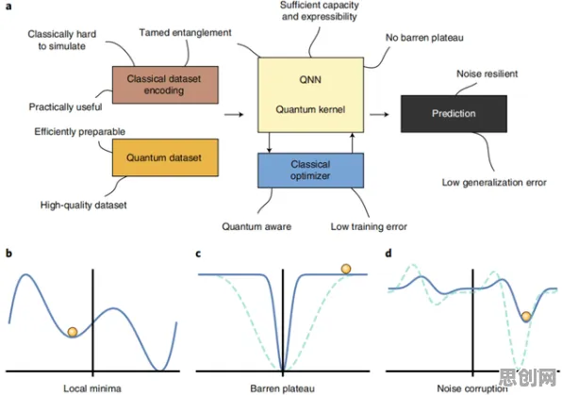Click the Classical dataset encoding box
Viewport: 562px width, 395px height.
[x=165, y=85]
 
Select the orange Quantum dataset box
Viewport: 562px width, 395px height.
[x=165, y=157]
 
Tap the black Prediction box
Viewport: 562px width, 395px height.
[x=454, y=114]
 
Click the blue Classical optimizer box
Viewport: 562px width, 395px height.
[x=310, y=171]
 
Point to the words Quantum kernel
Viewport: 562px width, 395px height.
[x=310, y=109]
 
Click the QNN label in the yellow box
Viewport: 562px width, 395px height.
[x=310, y=79]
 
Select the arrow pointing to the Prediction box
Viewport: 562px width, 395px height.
[x=380, y=114]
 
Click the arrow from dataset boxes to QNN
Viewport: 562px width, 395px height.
[x=234, y=114]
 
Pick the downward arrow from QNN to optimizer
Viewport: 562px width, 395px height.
[x=269, y=142]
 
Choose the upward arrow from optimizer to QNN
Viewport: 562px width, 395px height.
[x=353, y=142]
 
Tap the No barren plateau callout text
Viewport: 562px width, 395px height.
[x=424, y=38]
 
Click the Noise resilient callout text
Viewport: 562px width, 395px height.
[x=488, y=74]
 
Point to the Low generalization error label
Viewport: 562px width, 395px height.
[x=494, y=183]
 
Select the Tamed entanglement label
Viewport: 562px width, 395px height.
[x=186, y=33]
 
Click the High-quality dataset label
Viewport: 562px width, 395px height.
[x=84, y=205]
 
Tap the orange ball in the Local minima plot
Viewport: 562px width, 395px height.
[x=73, y=332]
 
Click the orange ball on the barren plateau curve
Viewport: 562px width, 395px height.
[x=346, y=269]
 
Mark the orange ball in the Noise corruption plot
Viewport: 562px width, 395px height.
[x=526, y=317]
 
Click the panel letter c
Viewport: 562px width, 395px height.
[x=198, y=254]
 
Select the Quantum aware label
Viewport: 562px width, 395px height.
[x=256, y=226]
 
